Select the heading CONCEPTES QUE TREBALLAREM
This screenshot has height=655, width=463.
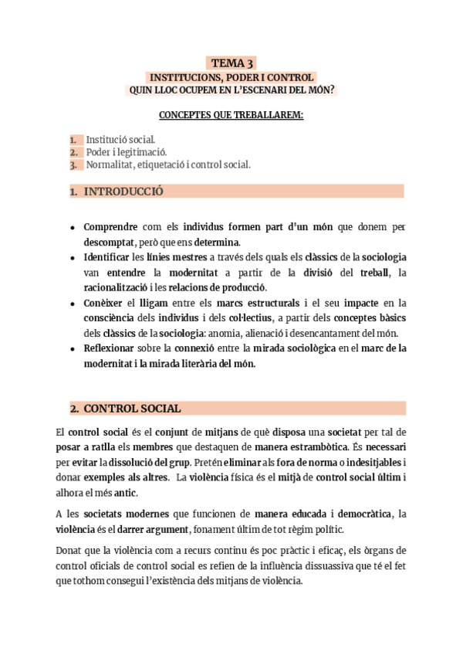pos(231,116)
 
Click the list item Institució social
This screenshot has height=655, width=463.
pos(120,140)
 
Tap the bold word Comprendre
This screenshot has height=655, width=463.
pos(110,228)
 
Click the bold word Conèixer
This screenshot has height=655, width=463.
pos(104,304)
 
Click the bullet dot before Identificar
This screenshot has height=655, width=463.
pos(72,257)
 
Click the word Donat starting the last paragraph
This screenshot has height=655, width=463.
pos(72,550)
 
